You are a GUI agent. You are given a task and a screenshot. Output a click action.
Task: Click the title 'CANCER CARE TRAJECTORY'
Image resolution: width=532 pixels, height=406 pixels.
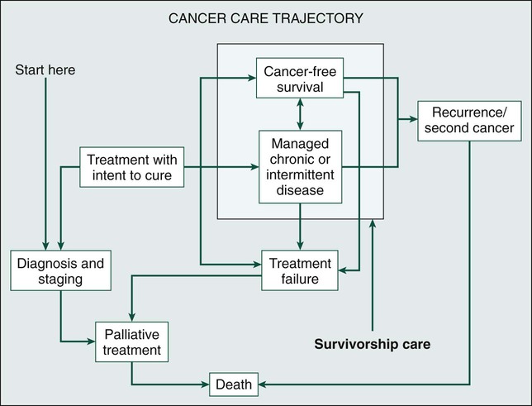(x=265, y=18)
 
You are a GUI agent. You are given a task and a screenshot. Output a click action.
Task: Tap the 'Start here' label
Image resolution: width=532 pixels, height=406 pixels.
(x=45, y=70)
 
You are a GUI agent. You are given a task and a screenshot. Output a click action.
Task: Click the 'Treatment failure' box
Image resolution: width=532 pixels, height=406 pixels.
(x=300, y=271)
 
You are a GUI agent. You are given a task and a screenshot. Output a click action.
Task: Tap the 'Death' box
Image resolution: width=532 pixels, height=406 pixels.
(x=232, y=385)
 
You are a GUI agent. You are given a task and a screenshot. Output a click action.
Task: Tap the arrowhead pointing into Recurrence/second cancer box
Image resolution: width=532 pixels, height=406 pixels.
(x=412, y=120)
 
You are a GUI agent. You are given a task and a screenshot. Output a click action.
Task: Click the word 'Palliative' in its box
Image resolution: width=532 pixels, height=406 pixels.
(x=131, y=335)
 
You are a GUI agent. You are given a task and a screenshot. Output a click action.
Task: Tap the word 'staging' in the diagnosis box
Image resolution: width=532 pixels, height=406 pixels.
(x=61, y=279)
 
